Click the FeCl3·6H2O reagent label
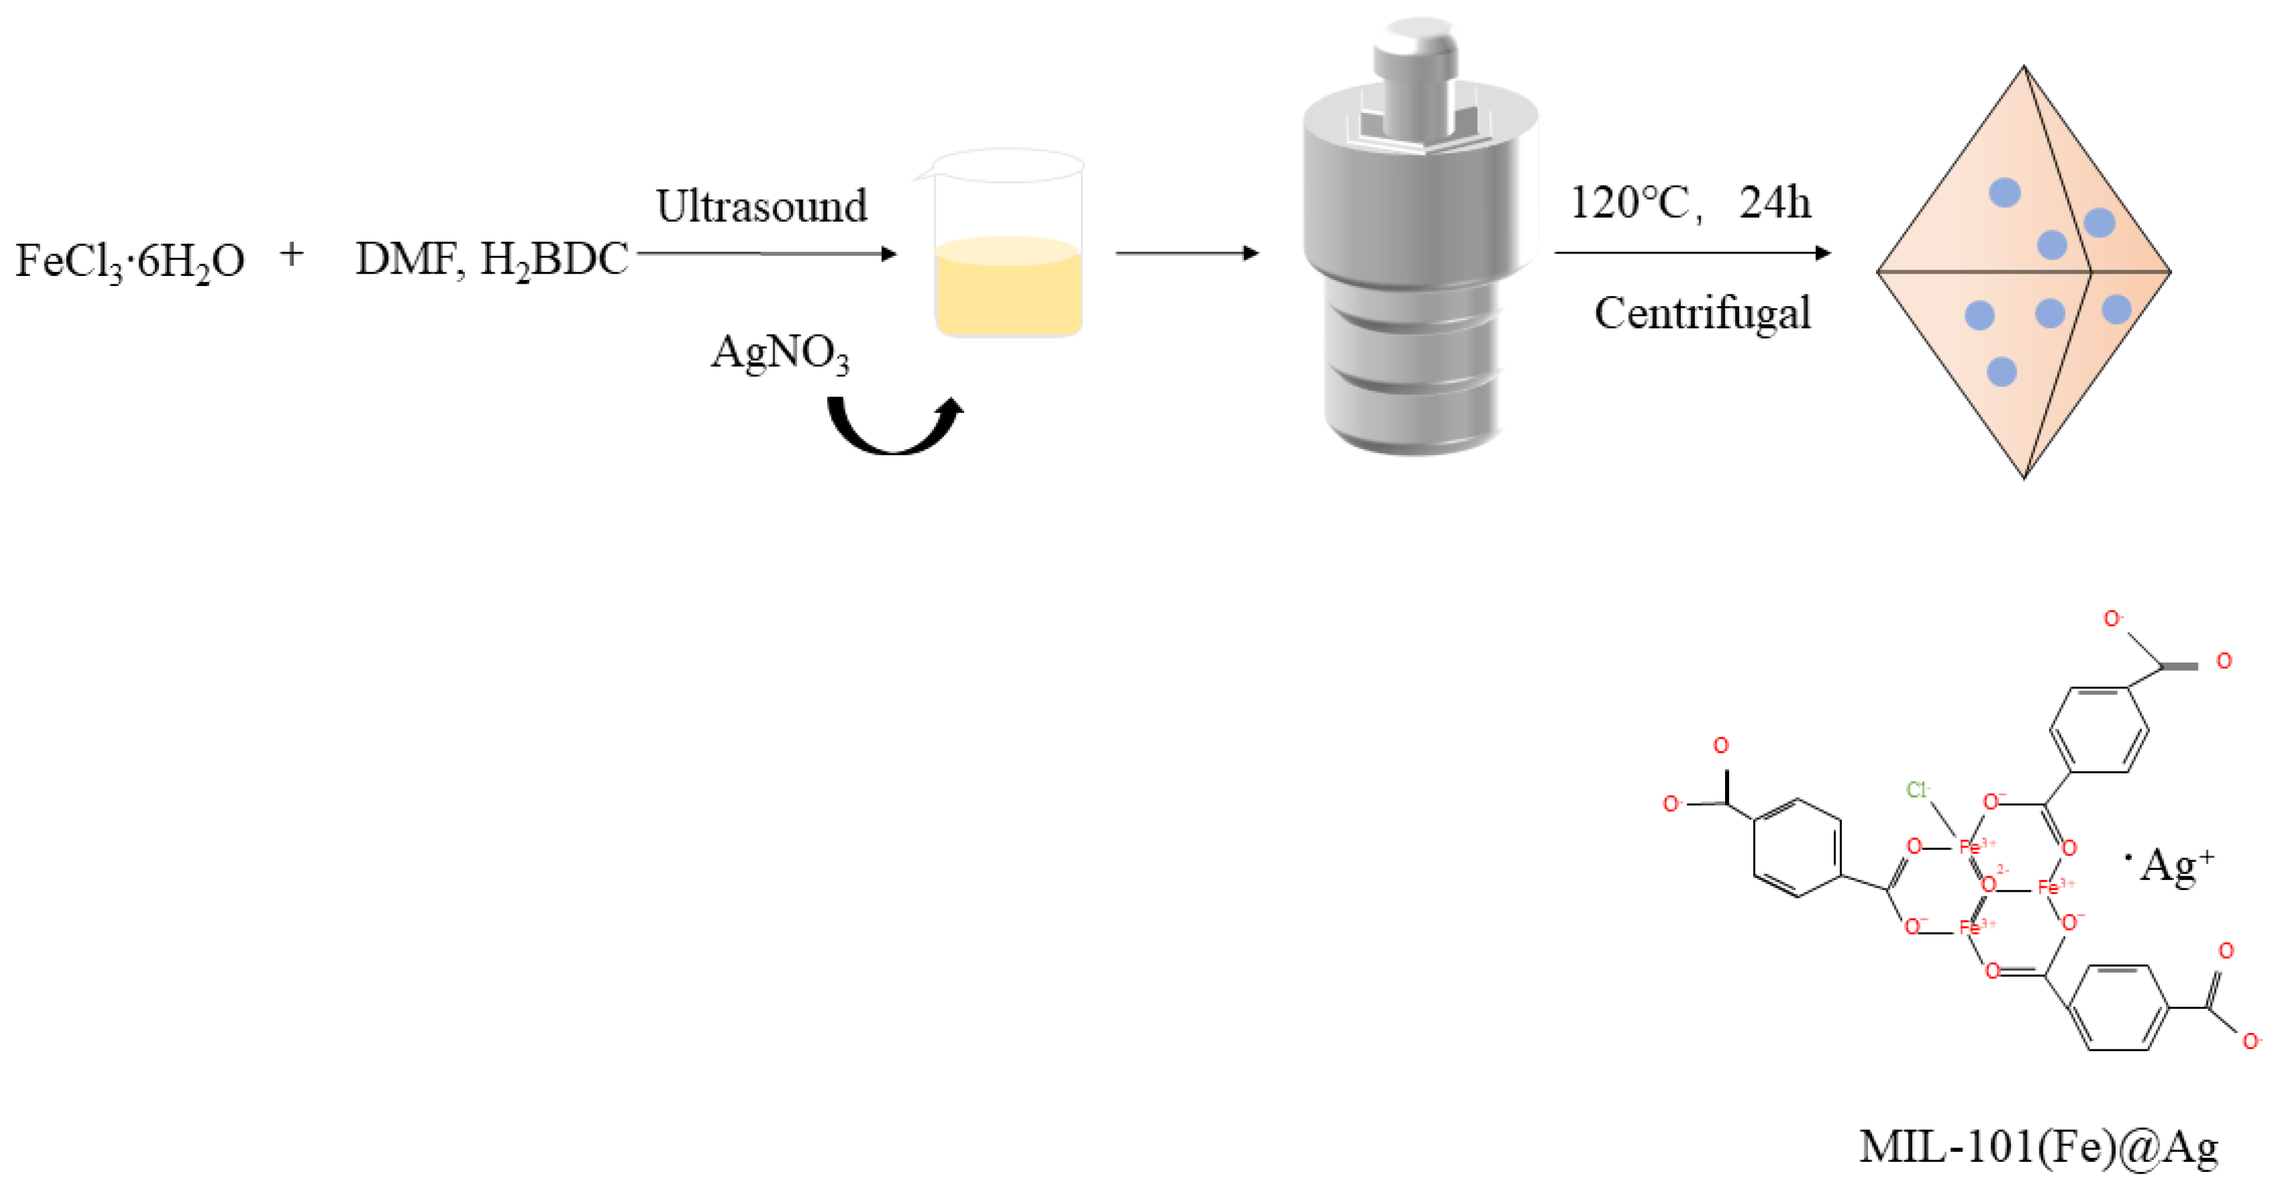point(130,261)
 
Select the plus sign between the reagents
point(291,255)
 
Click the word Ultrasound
point(761,207)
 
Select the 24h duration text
point(1775,203)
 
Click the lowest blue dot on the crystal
point(2001,372)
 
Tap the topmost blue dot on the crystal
point(2005,193)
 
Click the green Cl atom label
point(1916,789)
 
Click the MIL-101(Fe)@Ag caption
point(2038,1147)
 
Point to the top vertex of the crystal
point(2023,67)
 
